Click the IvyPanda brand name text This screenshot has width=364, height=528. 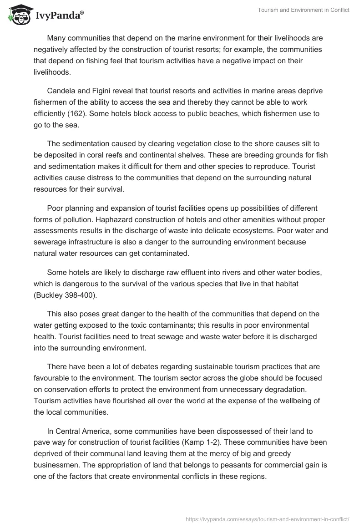tap(57, 16)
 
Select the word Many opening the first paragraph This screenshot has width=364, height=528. tap(56, 39)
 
